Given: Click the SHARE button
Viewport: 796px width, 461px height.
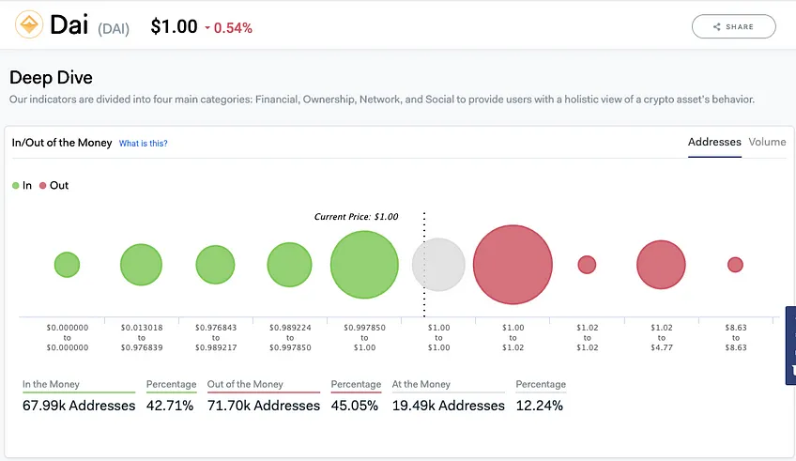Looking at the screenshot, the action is pos(733,26).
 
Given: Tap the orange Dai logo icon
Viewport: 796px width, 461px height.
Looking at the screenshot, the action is pos(29,24).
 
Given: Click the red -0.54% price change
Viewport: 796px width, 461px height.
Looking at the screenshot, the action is pos(228,28).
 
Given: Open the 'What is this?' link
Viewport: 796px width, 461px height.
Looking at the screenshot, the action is pos(144,144).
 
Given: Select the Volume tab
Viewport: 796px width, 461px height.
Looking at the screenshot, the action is pos(767,142).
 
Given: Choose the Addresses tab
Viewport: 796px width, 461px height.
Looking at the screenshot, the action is pos(714,142).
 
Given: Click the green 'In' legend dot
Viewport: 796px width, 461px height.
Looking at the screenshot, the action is pos(16,186).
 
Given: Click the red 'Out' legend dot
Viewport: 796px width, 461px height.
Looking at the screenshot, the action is pos(43,186).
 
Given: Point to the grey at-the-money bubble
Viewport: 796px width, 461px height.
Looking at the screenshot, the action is pos(438,265).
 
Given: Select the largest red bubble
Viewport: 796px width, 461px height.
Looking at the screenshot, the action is pos(513,265).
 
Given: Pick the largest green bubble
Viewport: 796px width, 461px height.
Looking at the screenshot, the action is pos(364,265).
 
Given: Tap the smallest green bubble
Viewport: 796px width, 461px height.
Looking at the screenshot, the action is pos(67,265).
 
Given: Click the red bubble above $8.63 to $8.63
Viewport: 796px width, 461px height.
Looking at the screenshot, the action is pos(735,265).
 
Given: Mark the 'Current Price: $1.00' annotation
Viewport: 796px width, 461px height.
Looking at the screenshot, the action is pos(357,217).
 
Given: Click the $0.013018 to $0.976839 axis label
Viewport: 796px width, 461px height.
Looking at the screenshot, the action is pos(142,338).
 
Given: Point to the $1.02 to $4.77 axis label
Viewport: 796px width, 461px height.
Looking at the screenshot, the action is pos(662,338).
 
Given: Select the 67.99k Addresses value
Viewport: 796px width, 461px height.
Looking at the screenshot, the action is pos(79,406).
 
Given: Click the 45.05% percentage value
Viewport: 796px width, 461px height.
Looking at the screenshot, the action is pos(354,406).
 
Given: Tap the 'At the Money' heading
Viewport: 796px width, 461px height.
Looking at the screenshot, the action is pos(421,384).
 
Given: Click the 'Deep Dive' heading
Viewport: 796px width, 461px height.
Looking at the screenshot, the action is pos(51,78).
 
